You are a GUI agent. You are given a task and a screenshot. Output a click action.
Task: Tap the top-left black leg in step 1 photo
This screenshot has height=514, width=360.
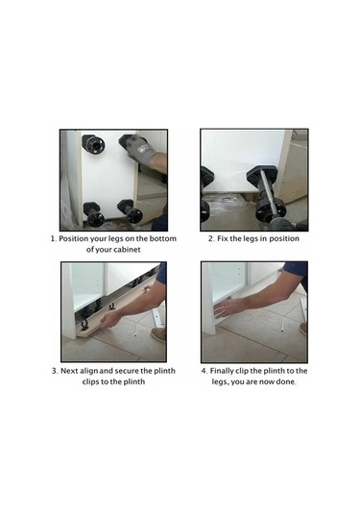pos(93,143)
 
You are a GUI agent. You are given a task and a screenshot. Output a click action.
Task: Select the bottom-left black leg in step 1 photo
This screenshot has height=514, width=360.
pos(94,213)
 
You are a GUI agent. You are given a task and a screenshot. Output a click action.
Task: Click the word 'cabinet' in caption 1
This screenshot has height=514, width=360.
pos(127,250)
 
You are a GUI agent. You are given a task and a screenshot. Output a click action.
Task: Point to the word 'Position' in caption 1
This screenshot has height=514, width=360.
pos(73,238)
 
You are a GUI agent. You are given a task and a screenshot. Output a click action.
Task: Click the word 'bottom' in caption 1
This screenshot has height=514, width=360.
pos(163,238)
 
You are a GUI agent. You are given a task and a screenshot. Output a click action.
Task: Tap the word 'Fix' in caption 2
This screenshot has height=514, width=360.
pos(223,238)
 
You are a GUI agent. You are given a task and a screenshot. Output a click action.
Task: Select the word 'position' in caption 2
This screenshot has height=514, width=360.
pos(284,238)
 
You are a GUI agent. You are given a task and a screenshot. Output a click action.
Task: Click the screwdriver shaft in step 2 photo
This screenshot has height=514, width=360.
pos(268,191)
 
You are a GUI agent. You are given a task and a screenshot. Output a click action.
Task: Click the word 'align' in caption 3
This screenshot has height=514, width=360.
pos(88,371)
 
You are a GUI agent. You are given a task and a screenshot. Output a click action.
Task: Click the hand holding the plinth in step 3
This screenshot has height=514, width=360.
pos(110,319)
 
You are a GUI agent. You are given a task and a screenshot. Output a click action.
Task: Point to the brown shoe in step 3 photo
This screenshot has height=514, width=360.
pos(158,334)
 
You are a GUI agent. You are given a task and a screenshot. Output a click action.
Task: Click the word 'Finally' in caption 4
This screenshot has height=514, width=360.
pos(222,371)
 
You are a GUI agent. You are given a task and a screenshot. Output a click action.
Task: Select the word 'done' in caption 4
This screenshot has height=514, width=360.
pos(286,381)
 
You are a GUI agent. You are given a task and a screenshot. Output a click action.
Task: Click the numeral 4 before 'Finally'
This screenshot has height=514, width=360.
pos(204,371)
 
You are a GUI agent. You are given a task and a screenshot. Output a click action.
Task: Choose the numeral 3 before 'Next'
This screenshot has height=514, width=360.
pos(55,371)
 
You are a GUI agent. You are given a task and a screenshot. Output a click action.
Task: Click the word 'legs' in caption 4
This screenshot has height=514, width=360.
pos(219,382)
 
